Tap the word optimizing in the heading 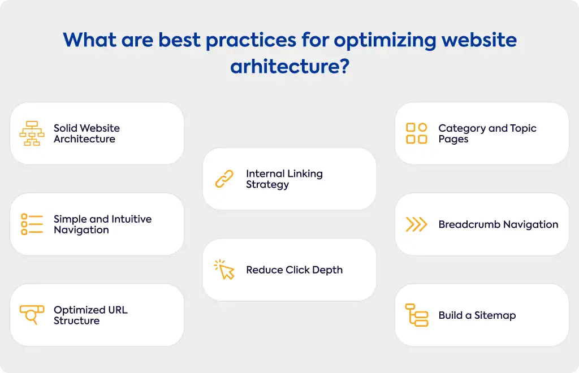click(x=384, y=41)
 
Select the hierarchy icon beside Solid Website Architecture click(x=32, y=133)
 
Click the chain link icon click(x=224, y=179)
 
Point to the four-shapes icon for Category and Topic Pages click(x=417, y=133)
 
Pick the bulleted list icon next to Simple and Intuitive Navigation click(x=32, y=224)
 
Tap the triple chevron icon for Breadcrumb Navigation click(x=417, y=224)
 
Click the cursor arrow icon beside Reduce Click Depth click(x=224, y=270)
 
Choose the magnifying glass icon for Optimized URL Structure click(x=32, y=315)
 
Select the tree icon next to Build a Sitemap click(x=417, y=315)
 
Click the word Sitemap click(x=495, y=316)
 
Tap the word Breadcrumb click(x=469, y=224)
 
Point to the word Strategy click(x=267, y=185)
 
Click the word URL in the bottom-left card click(x=118, y=310)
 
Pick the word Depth click(x=327, y=271)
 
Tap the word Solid click(x=66, y=128)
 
